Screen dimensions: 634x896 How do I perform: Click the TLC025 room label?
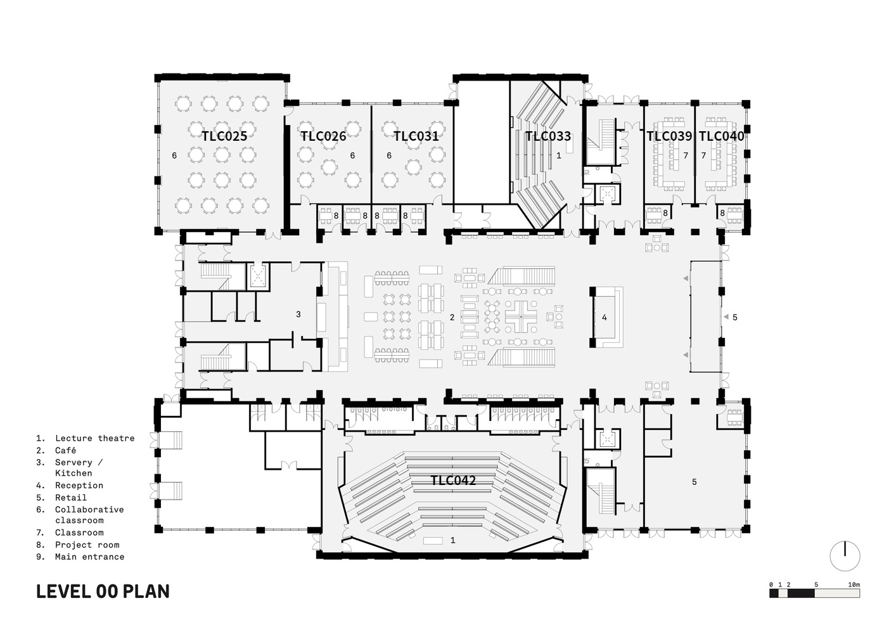tap(224, 136)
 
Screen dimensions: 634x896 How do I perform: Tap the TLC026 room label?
tap(323, 136)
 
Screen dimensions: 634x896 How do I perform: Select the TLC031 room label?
tap(416, 136)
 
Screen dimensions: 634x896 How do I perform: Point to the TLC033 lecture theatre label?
tap(547, 136)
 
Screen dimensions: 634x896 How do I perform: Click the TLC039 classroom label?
tap(669, 136)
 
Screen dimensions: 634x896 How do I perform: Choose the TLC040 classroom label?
tap(721, 136)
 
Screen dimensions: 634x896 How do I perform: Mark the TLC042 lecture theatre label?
tap(453, 481)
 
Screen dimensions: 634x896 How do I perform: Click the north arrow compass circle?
tap(845, 556)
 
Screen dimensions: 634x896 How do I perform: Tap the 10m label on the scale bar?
tap(854, 584)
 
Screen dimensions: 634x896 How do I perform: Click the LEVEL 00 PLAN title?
tap(103, 592)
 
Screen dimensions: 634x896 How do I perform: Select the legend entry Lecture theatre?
tap(94, 438)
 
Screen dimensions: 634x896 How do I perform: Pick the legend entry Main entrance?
tap(89, 557)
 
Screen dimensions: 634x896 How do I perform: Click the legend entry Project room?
tap(87, 545)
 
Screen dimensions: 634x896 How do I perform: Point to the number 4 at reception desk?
tap(605, 317)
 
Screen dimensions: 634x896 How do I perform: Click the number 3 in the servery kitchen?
tap(298, 314)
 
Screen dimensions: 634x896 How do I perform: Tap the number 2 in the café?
tap(452, 317)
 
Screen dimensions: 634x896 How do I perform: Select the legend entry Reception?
tap(79, 485)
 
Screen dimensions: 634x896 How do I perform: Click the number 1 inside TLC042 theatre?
tap(452, 540)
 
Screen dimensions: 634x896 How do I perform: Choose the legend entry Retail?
tap(70, 497)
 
